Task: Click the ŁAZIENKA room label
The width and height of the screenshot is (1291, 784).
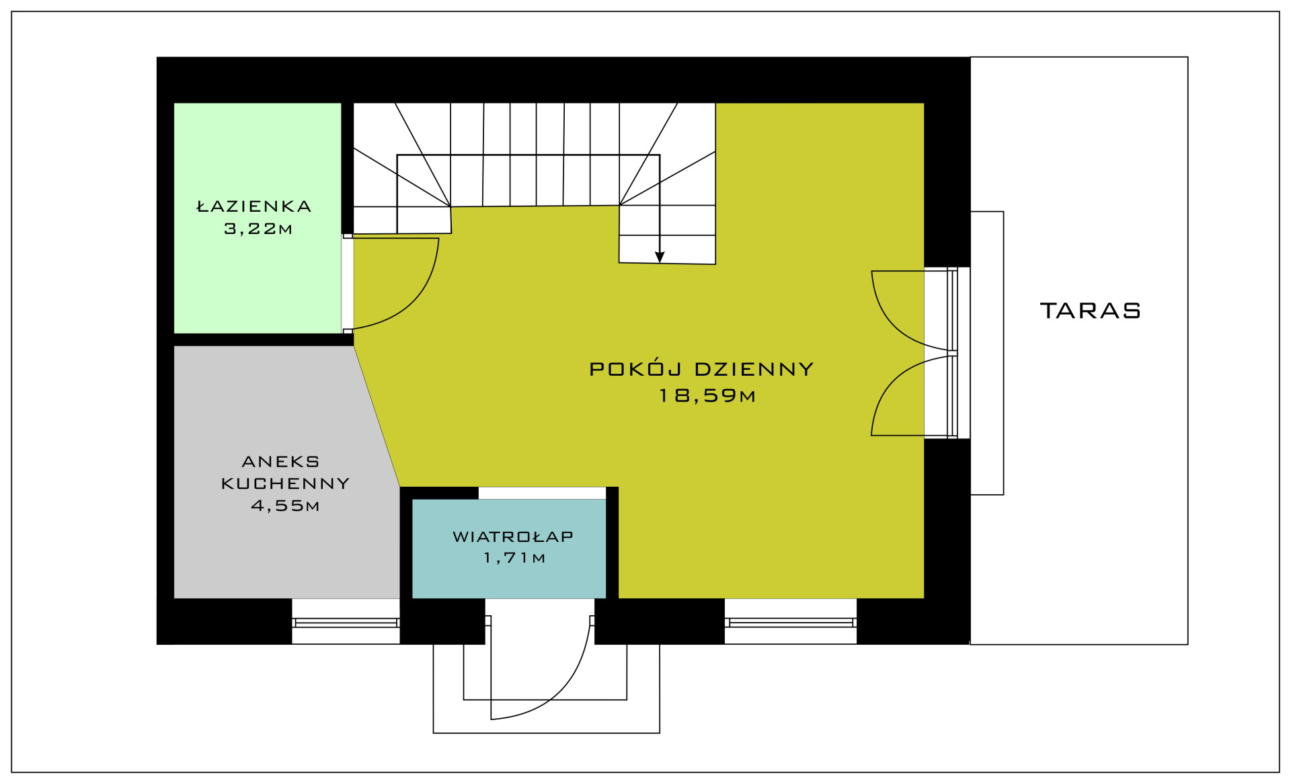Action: click(x=254, y=206)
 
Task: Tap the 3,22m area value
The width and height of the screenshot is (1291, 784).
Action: click(x=258, y=229)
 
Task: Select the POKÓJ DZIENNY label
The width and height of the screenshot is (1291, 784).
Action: click(x=701, y=368)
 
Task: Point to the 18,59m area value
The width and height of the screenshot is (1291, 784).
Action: click(x=707, y=395)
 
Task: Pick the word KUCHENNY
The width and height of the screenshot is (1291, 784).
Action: click(x=286, y=483)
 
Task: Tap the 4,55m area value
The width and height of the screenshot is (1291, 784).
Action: click(x=285, y=506)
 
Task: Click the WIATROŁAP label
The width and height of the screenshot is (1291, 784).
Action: click(x=513, y=536)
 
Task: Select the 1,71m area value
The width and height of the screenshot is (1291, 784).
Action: click(x=514, y=557)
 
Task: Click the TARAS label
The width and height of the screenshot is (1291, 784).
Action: click(x=1091, y=310)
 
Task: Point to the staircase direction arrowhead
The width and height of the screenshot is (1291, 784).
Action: click(x=660, y=257)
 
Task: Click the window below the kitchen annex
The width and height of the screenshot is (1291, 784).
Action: click(x=346, y=623)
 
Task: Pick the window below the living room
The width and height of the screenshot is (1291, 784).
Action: click(x=791, y=623)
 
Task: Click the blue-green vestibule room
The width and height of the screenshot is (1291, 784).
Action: click(x=509, y=548)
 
